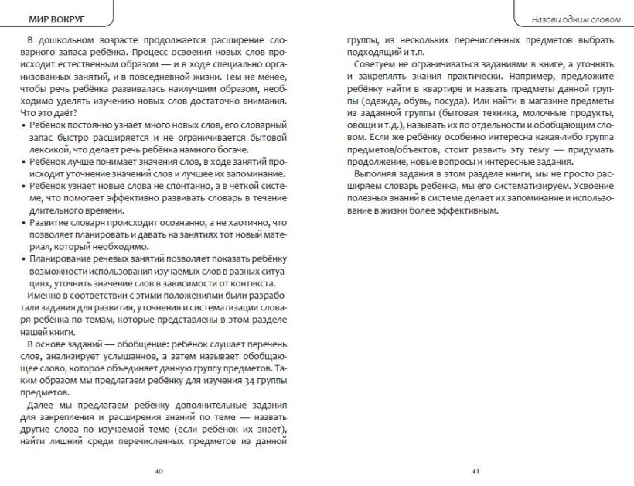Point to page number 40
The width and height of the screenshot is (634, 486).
tap(158, 470)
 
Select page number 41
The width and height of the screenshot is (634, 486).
tap(475, 470)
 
